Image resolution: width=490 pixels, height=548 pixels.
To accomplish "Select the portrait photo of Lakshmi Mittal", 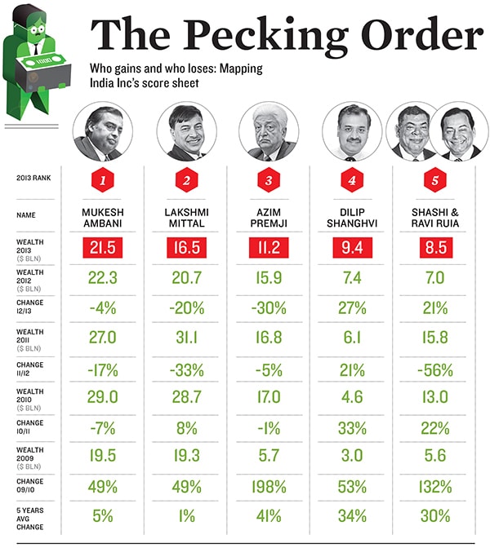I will click(x=186, y=132).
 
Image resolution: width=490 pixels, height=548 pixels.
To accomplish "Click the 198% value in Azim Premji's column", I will click(x=269, y=487).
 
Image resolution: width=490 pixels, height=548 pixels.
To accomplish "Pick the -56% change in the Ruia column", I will click(x=433, y=369).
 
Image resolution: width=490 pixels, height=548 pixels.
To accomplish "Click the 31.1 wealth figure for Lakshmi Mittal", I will click(x=186, y=334).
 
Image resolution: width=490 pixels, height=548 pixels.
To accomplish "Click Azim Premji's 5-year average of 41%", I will click(x=269, y=516).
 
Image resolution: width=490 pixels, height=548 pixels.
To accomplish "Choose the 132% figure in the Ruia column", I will click(x=433, y=487).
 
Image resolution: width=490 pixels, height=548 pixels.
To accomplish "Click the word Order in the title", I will click(x=409, y=35).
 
